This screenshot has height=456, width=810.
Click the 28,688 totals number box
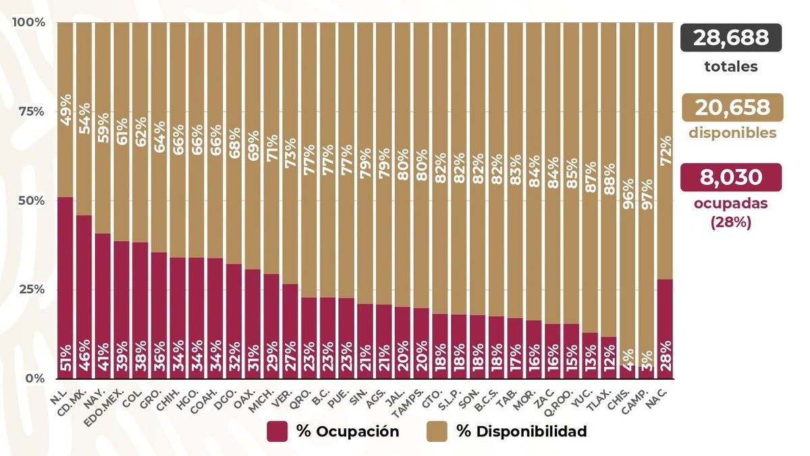[x=731, y=38]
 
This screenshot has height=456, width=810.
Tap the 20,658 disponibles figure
[x=732, y=107]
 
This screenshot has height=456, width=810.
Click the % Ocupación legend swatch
[x=277, y=432]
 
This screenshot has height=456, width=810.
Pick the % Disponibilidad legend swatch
[x=437, y=432]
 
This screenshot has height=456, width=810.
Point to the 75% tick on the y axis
[x=31, y=111]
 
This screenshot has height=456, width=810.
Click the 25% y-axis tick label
[x=31, y=289]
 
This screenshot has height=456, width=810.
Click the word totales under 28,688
[x=731, y=67]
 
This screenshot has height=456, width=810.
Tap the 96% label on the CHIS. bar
[x=628, y=195]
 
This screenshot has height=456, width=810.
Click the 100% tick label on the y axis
[x=29, y=22]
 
